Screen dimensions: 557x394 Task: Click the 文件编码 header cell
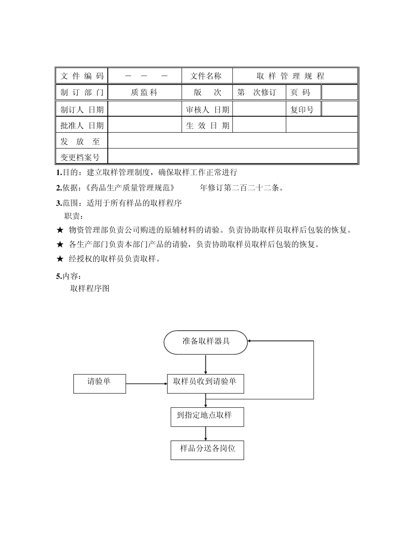coord(82,76)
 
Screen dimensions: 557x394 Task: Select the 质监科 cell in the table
coord(144,92)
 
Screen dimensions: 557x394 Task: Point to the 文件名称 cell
coord(206,76)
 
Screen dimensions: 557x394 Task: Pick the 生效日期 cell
coord(207,126)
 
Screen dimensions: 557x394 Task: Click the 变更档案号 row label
coord(80,157)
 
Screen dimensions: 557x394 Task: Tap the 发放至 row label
coord(80,141)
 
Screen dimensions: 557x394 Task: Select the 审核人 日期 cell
coord(207,109)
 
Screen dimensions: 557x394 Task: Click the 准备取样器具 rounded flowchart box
coord(206,342)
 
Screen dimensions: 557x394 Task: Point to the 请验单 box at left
coord(100,383)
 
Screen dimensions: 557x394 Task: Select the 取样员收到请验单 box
coord(205,383)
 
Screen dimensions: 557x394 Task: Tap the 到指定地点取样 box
coord(207,417)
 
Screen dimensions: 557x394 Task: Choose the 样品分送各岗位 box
coord(207,450)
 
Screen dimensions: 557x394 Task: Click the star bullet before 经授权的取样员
coord(60,259)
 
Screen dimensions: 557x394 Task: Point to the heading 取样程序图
coord(90,288)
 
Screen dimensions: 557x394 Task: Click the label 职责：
coord(74,216)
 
